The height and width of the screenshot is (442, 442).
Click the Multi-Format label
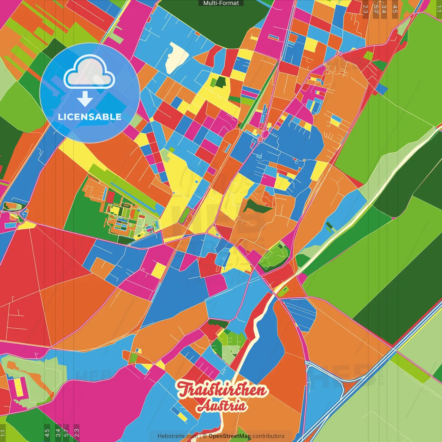(221, 3)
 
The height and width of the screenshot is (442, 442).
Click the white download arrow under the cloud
(85, 99)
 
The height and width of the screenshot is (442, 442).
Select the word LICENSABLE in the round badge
(90, 117)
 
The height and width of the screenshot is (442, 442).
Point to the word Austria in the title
(222, 406)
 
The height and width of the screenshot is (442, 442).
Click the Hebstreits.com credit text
(177, 436)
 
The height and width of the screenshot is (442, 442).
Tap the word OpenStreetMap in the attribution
(230, 436)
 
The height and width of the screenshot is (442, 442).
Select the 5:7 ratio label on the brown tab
(375, 9)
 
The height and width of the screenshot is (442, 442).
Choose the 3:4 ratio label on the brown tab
(384, 9)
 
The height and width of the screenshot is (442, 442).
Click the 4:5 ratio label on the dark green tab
(47, 433)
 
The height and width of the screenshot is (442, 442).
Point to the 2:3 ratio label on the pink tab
(77, 433)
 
